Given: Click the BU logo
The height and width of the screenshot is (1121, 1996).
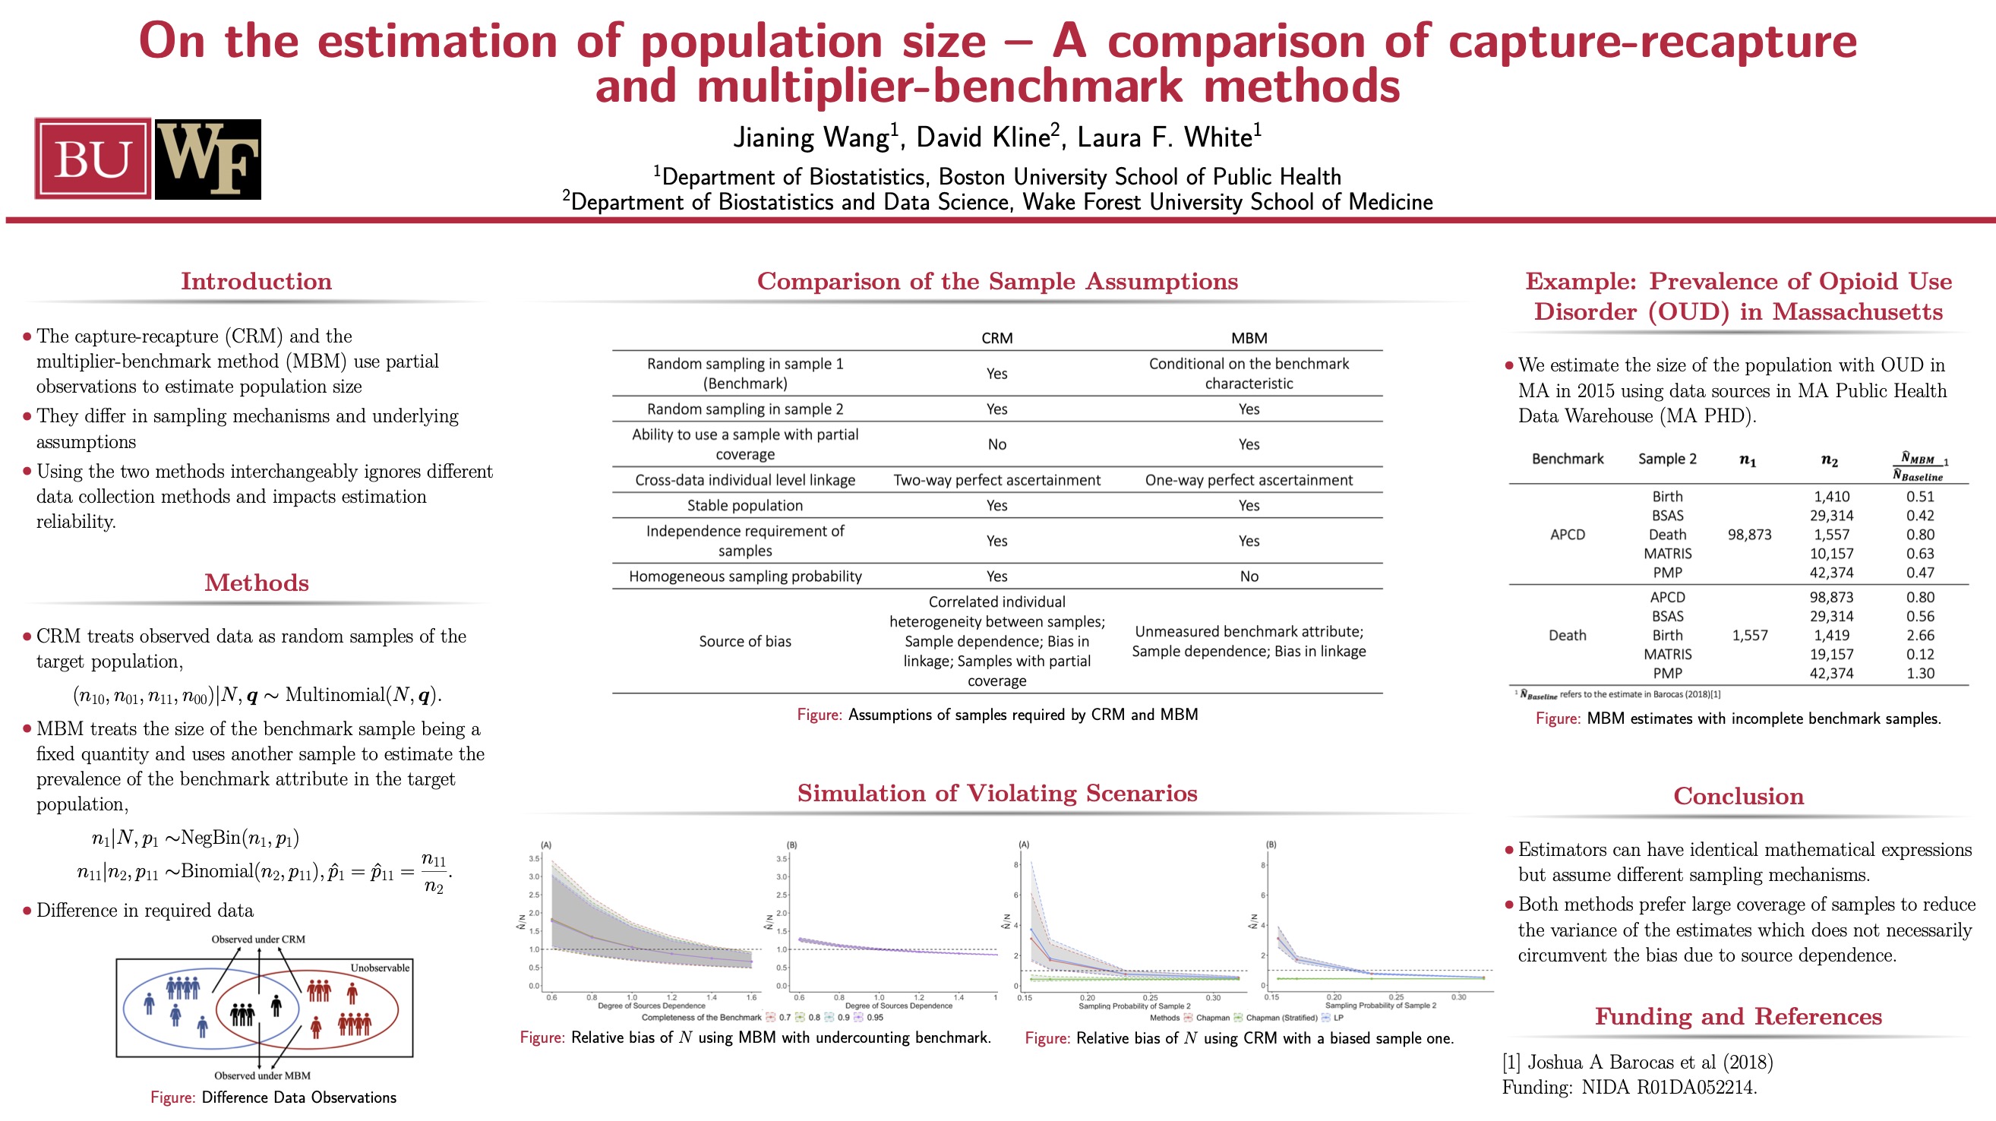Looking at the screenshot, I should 92,159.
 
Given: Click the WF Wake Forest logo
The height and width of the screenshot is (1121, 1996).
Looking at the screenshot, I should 207,159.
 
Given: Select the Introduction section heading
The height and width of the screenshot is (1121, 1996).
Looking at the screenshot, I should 257,281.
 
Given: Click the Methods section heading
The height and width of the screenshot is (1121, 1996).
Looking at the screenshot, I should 257,583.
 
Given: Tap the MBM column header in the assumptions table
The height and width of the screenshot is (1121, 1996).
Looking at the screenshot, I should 1249,338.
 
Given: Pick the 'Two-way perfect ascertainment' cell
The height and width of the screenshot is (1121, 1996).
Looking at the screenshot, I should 996,479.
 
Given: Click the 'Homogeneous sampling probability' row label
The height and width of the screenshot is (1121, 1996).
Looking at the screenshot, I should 744,576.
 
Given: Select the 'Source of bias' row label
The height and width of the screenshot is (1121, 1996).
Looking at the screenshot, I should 744,641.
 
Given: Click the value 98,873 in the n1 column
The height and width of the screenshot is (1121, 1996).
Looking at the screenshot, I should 1749,535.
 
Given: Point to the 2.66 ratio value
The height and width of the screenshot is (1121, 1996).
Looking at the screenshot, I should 1920,635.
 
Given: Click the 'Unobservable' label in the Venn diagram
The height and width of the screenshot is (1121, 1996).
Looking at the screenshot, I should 380,968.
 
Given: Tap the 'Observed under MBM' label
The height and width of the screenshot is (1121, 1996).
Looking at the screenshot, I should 262,1075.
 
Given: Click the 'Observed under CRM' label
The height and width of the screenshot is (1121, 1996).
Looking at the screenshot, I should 258,939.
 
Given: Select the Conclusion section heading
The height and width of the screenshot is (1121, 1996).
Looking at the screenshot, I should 1738,797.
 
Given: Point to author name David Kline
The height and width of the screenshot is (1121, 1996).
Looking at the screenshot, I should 983,137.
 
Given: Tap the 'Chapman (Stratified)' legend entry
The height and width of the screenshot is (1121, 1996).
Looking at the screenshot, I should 1281,1017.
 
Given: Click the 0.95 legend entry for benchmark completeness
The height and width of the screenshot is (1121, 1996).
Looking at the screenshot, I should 875,1017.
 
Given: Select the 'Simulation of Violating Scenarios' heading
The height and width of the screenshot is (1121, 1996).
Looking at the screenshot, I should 996,794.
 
